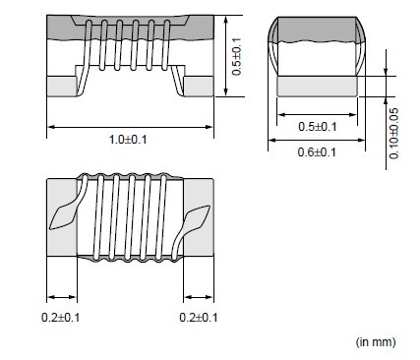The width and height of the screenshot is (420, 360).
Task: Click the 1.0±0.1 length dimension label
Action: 128,140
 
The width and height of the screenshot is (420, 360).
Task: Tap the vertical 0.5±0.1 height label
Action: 236,56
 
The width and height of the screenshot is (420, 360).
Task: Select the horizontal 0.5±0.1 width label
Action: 317,127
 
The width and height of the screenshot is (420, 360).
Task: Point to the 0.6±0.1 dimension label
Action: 317,152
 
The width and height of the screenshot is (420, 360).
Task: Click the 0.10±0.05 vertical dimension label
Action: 393,134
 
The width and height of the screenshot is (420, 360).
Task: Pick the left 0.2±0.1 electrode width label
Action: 61,318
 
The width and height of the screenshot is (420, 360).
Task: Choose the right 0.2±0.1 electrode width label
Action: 199,318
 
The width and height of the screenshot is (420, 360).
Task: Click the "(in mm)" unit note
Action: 376,342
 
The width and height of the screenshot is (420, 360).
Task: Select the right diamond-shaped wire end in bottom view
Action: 197,218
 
